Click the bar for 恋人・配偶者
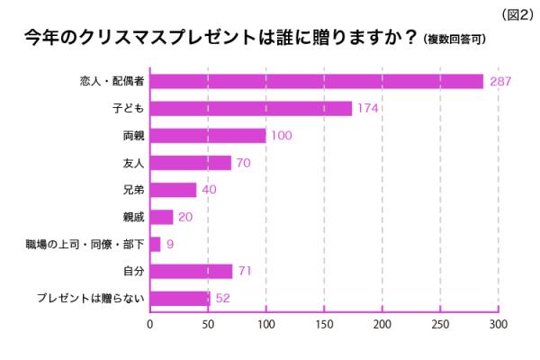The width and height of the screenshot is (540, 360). (x=316, y=81)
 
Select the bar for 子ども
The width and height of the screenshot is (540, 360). (x=250, y=108)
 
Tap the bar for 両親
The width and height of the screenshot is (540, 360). (x=208, y=136)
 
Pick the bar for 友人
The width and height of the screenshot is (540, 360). (x=190, y=163)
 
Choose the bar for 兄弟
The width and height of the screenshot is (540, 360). (x=173, y=190)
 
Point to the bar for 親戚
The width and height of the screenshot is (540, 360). (x=161, y=217)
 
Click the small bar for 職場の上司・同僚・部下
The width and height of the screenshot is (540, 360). (x=155, y=244)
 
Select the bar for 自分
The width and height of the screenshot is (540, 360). (x=191, y=271)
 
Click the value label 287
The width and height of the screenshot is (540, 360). (x=500, y=82)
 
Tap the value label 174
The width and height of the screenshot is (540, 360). (x=368, y=109)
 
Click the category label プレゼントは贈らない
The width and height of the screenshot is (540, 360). (x=90, y=298)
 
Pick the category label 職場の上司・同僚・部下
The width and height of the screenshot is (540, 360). (x=85, y=244)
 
